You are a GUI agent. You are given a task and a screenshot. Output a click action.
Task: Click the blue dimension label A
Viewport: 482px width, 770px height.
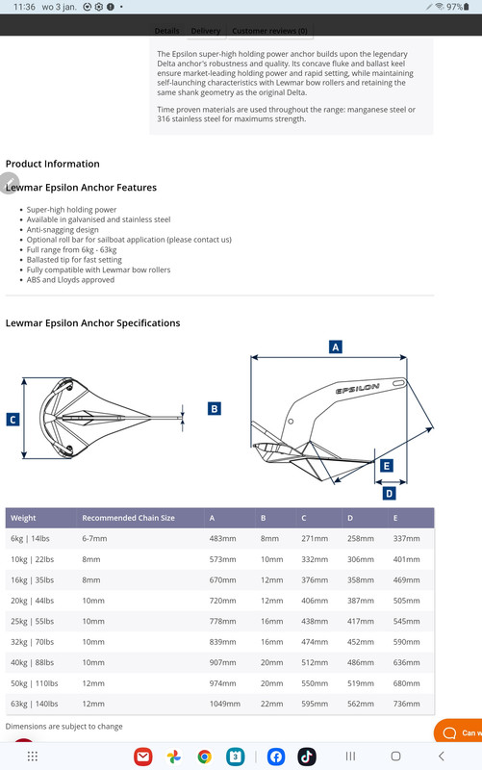coord(335,347)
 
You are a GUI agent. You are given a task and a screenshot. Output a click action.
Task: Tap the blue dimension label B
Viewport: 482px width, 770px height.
coord(214,408)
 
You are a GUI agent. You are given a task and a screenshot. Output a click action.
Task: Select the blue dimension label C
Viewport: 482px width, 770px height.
coord(13,420)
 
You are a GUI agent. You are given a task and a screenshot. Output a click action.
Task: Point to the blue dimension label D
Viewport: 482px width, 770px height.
coord(389,493)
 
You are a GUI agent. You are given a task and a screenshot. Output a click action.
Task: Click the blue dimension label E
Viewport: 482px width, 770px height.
coord(387,466)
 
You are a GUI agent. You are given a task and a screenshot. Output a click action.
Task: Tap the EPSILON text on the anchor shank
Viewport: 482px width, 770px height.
coord(357,389)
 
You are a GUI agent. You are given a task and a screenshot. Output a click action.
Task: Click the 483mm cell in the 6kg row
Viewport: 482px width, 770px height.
coord(222,539)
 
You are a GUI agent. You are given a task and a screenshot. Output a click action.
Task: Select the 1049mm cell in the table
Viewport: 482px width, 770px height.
coord(225,704)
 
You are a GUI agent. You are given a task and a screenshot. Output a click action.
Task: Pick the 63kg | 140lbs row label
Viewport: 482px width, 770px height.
coord(35,704)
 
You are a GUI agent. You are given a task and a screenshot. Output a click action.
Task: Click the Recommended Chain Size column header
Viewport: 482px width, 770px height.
coord(128,518)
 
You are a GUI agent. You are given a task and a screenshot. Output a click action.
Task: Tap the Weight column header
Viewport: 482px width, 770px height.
coord(23,518)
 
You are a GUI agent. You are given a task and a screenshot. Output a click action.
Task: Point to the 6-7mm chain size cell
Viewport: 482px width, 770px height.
coord(94,539)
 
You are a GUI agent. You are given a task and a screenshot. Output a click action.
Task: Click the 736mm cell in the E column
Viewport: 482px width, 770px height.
coord(406,704)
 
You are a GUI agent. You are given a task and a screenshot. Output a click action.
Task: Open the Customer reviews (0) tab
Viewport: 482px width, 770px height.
coord(269,31)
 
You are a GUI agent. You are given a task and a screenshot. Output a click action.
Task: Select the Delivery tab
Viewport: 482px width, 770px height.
coord(205,31)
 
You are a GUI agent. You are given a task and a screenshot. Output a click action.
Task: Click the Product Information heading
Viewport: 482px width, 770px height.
coord(53,164)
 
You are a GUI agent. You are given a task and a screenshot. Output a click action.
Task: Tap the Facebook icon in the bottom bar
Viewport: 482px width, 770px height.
coord(276,757)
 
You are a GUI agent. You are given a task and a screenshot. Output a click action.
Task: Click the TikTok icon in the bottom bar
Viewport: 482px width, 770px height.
coord(307,757)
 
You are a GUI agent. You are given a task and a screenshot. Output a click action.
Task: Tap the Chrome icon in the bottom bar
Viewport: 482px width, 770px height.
coord(204,757)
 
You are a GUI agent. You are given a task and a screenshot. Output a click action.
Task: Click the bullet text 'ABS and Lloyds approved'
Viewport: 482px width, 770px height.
coord(70,280)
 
